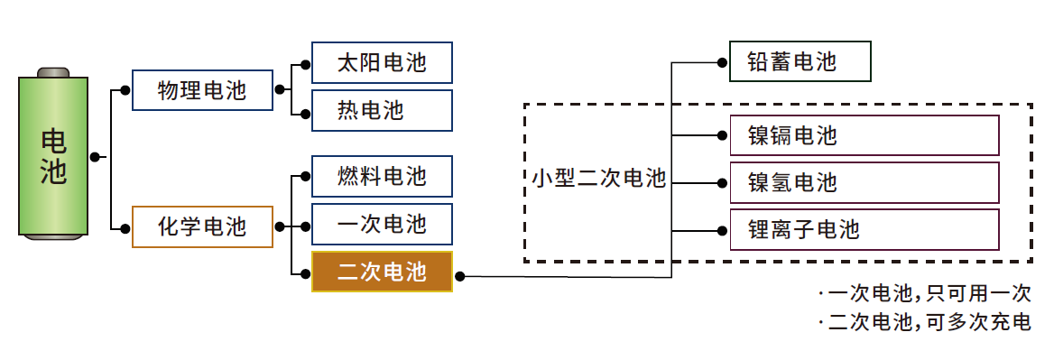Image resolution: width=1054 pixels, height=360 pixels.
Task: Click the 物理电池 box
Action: click(x=202, y=90)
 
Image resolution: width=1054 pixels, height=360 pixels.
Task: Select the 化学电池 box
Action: click(x=202, y=226)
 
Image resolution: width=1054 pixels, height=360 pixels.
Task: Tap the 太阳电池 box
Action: click(x=382, y=63)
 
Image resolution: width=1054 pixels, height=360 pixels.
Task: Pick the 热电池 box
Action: click(x=382, y=111)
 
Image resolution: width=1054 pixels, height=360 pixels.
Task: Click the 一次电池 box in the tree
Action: click(x=382, y=224)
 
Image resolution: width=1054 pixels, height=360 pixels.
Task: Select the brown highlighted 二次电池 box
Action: click(x=382, y=272)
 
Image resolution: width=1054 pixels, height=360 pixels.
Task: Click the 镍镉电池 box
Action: click(x=864, y=135)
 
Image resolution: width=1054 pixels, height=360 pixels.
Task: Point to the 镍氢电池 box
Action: click(x=864, y=183)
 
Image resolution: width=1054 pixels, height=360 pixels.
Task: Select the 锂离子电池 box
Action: click(x=864, y=229)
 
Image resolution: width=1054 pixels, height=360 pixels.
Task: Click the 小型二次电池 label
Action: click(x=598, y=179)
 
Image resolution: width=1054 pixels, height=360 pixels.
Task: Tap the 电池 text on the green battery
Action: click(x=54, y=156)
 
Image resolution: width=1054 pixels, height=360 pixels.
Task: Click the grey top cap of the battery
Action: click(x=54, y=71)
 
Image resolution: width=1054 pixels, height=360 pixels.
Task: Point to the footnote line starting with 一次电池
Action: click(x=924, y=294)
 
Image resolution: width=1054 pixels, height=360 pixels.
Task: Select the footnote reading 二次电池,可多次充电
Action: click(x=924, y=322)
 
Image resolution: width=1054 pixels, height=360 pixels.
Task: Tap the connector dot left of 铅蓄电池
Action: click(x=721, y=62)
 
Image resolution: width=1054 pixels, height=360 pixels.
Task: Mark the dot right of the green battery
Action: click(x=95, y=157)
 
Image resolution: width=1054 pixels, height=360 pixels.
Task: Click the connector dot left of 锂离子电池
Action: click(x=721, y=230)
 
